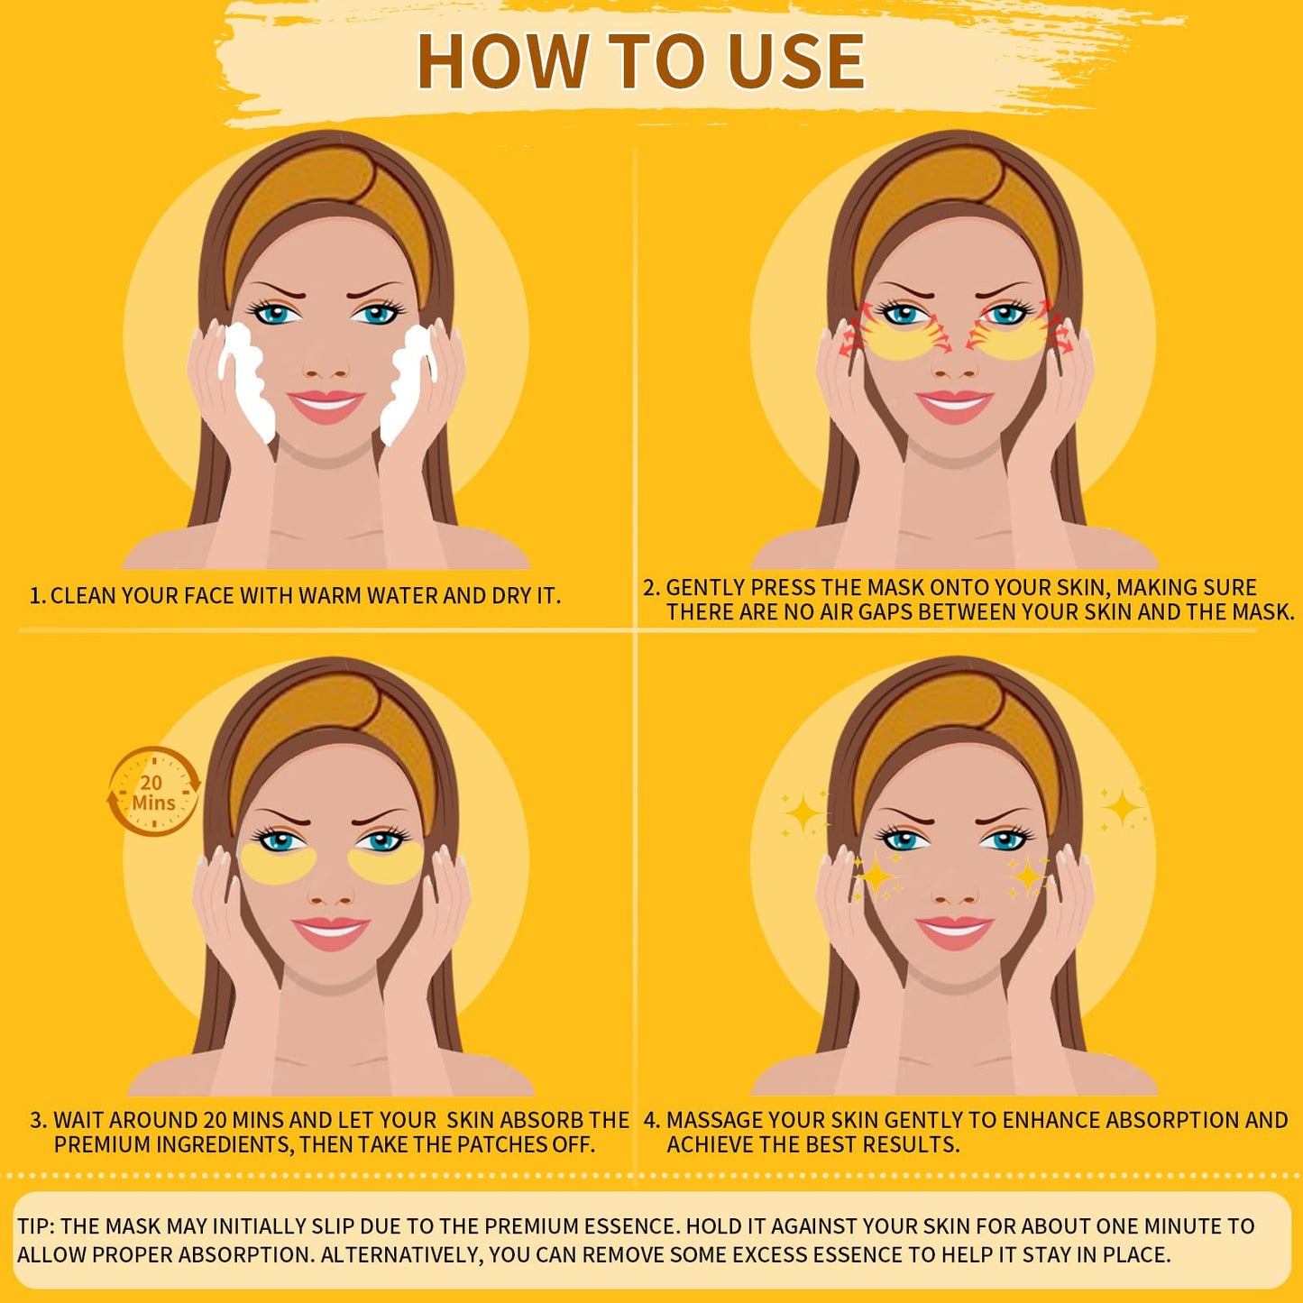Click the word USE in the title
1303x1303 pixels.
coord(794,61)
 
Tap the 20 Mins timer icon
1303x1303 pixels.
coord(153,792)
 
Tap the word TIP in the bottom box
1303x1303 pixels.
coord(35,1226)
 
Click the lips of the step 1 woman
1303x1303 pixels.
coord(326,405)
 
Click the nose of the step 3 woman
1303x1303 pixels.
coord(327,893)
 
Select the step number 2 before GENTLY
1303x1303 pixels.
coord(651,588)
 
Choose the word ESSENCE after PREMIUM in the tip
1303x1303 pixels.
coord(624,1226)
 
